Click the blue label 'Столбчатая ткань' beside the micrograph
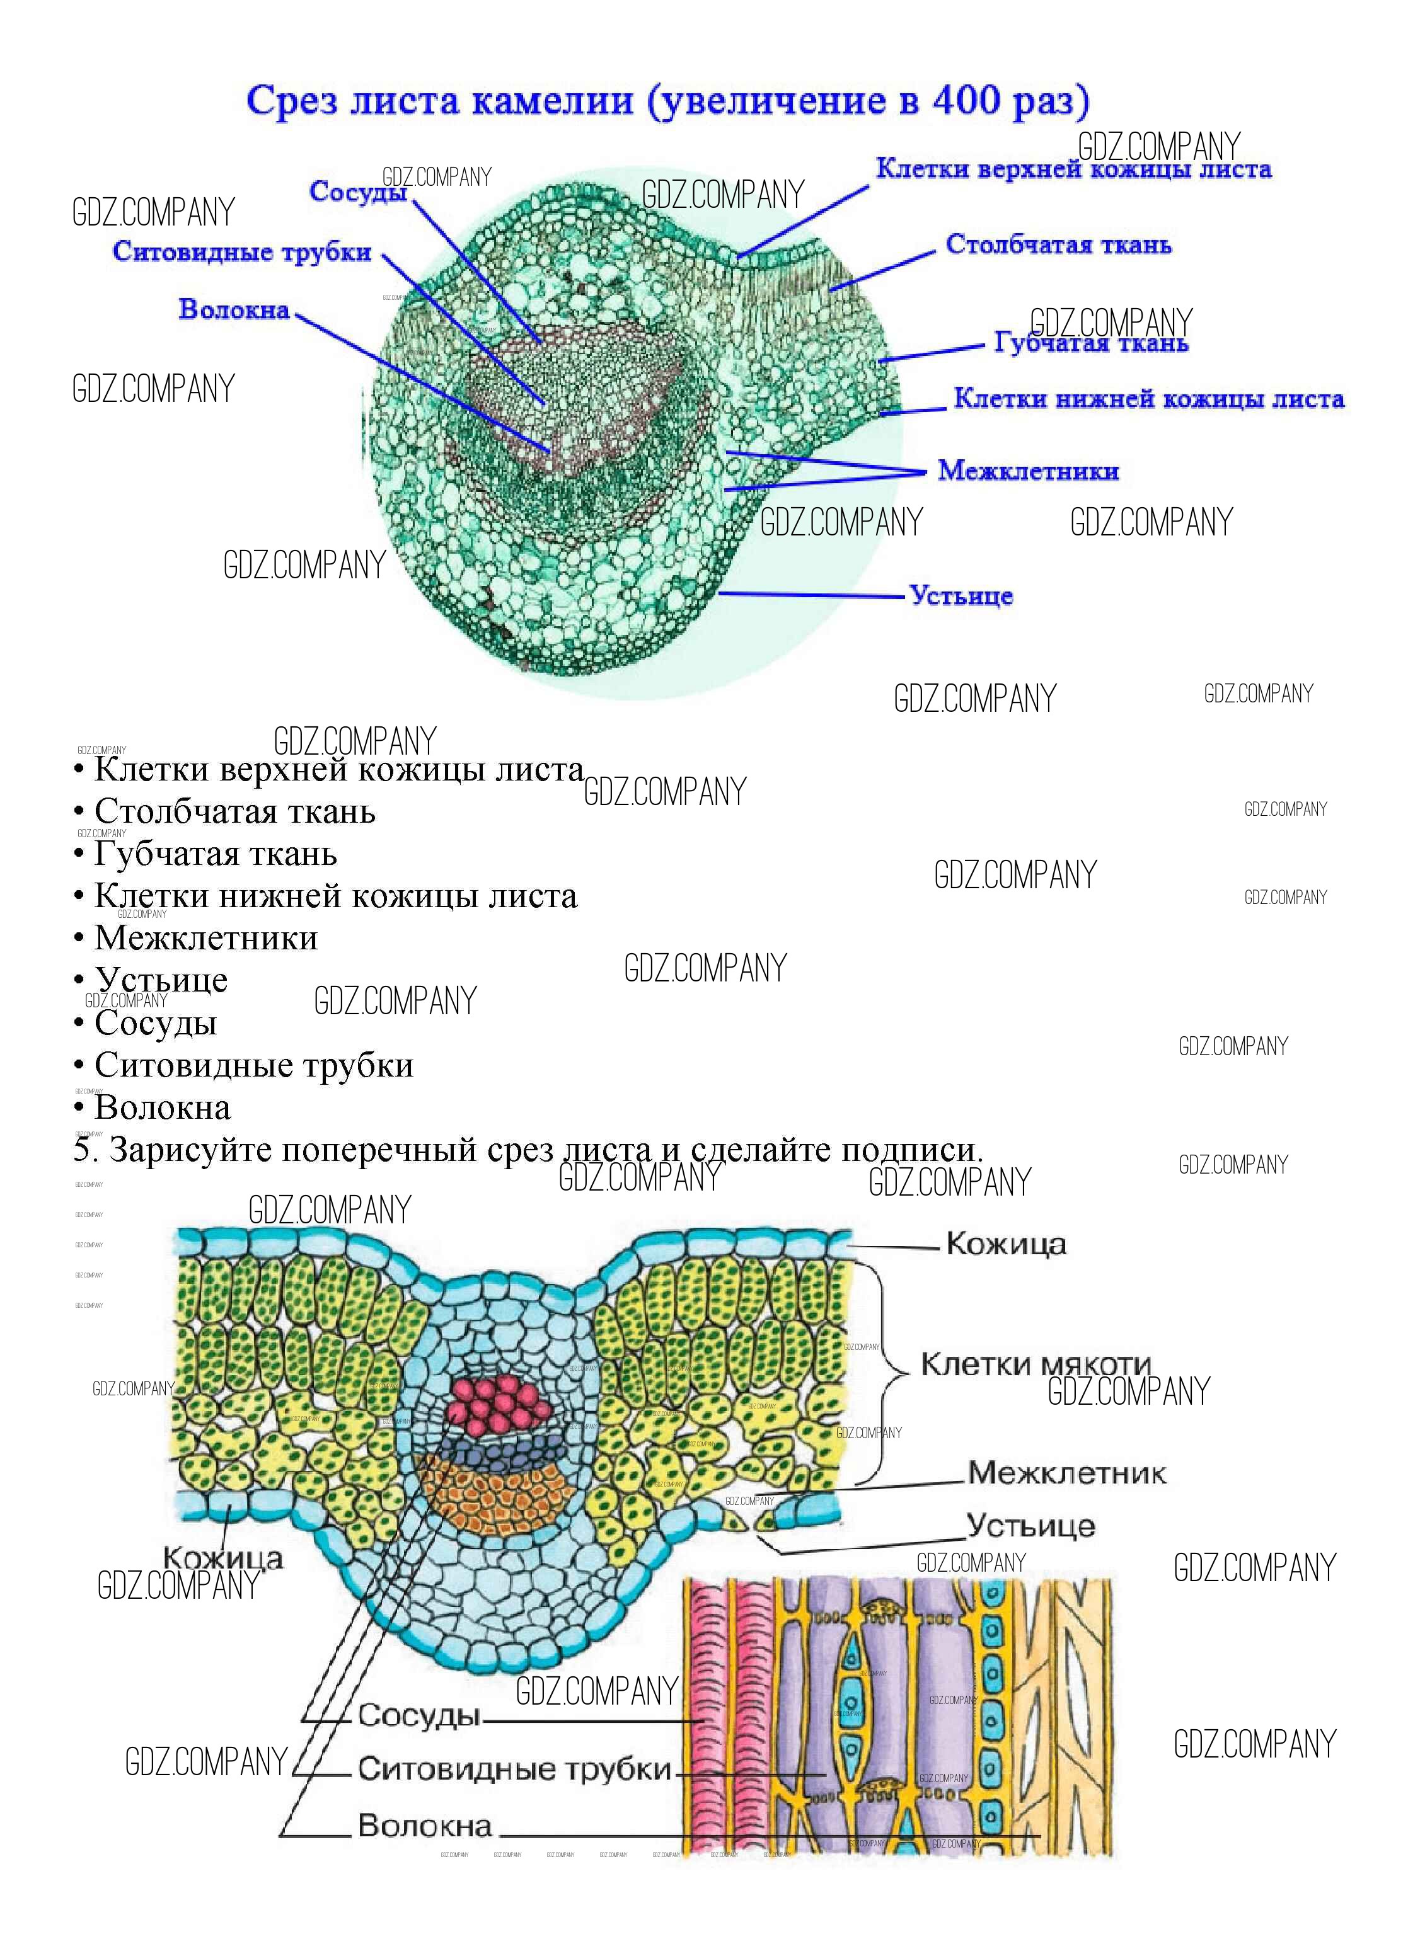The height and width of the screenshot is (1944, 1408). click(x=1058, y=244)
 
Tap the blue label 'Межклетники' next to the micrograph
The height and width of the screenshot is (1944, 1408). click(x=1028, y=471)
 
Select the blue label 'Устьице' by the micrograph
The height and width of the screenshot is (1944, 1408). click(x=961, y=596)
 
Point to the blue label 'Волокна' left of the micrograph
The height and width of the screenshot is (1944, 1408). click(x=234, y=309)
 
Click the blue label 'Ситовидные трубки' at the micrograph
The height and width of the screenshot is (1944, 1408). click(x=243, y=251)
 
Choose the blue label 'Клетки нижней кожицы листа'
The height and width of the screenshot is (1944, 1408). click(x=1149, y=399)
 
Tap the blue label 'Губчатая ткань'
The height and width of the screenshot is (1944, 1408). click(x=1091, y=343)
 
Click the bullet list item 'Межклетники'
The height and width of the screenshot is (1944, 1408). click(x=206, y=938)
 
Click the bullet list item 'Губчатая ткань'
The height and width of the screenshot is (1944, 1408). click(x=215, y=854)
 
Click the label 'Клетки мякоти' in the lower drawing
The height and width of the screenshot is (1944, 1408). click(x=1034, y=1364)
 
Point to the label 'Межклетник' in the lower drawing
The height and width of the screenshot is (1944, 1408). click(x=1066, y=1473)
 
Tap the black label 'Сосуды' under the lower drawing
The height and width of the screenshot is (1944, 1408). click(x=418, y=1715)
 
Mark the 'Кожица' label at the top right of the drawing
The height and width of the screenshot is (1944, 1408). click(x=1006, y=1244)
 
